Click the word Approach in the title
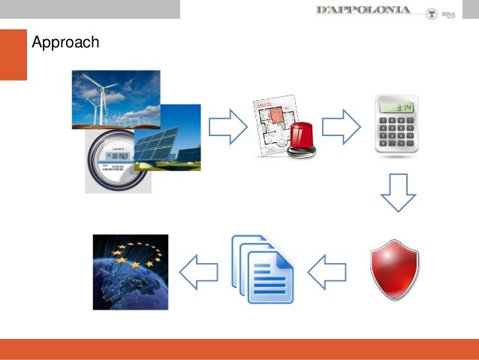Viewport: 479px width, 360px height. [65, 43]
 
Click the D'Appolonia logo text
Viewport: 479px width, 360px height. [363, 10]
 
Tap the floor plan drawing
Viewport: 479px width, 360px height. [271, 121]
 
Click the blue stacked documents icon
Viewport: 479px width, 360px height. [262, 268]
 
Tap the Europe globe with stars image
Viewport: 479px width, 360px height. [130, 271]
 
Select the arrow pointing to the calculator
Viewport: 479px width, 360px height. [341, 126]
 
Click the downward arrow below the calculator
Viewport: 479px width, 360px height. [397, 194]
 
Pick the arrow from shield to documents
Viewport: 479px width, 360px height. [327, 271]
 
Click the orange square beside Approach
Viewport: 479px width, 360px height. [13, 54]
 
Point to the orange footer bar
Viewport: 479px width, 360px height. [239, 349]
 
